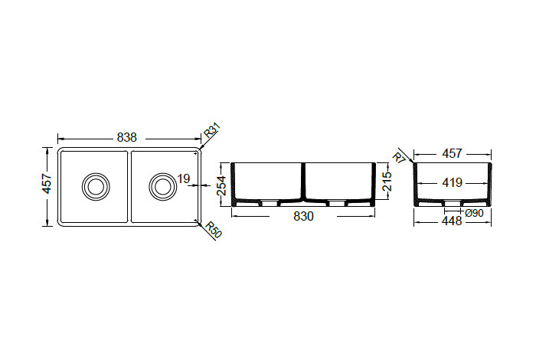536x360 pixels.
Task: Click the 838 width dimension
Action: [127, 137]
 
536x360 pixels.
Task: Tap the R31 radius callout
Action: [212, 130]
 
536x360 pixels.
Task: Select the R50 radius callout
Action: [214, 230]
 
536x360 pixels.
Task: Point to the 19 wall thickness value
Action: [184, 178]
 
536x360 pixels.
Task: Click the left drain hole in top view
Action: [96, 187]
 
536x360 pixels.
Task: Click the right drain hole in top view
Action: [162, 187]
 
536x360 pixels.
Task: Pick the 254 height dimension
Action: [222, 185]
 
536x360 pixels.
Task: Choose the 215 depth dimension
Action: [386, 182]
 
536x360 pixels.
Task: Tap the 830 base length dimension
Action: [303, 217]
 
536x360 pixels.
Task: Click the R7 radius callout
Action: [399, 157]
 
